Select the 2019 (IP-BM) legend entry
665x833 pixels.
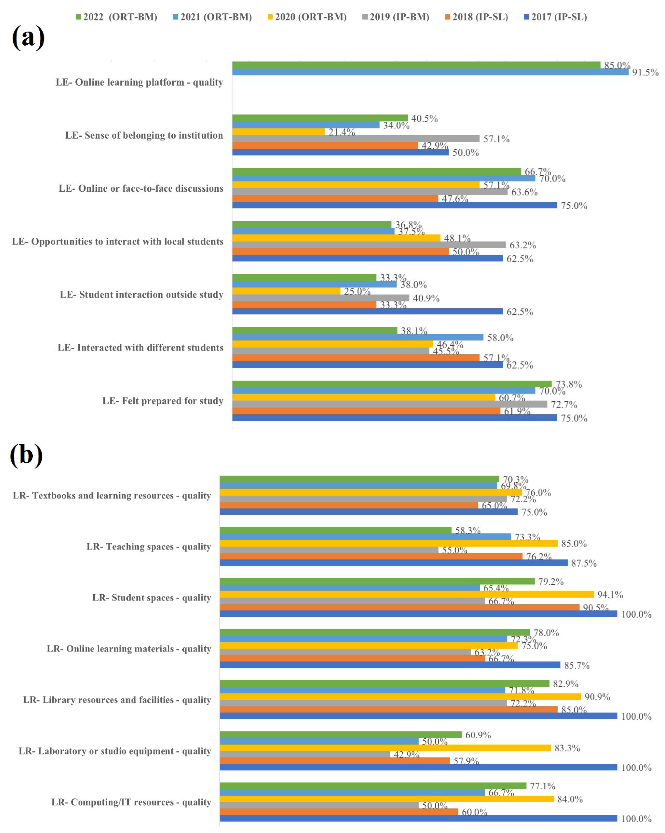coord(396,17)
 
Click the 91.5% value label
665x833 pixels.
coord(645,72)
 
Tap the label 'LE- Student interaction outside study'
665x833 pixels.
coord(142,294)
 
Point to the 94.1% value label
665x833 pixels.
coord(610,595)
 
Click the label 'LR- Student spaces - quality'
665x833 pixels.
coord(152,598)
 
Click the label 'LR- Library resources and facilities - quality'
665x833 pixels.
coord(117,700)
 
